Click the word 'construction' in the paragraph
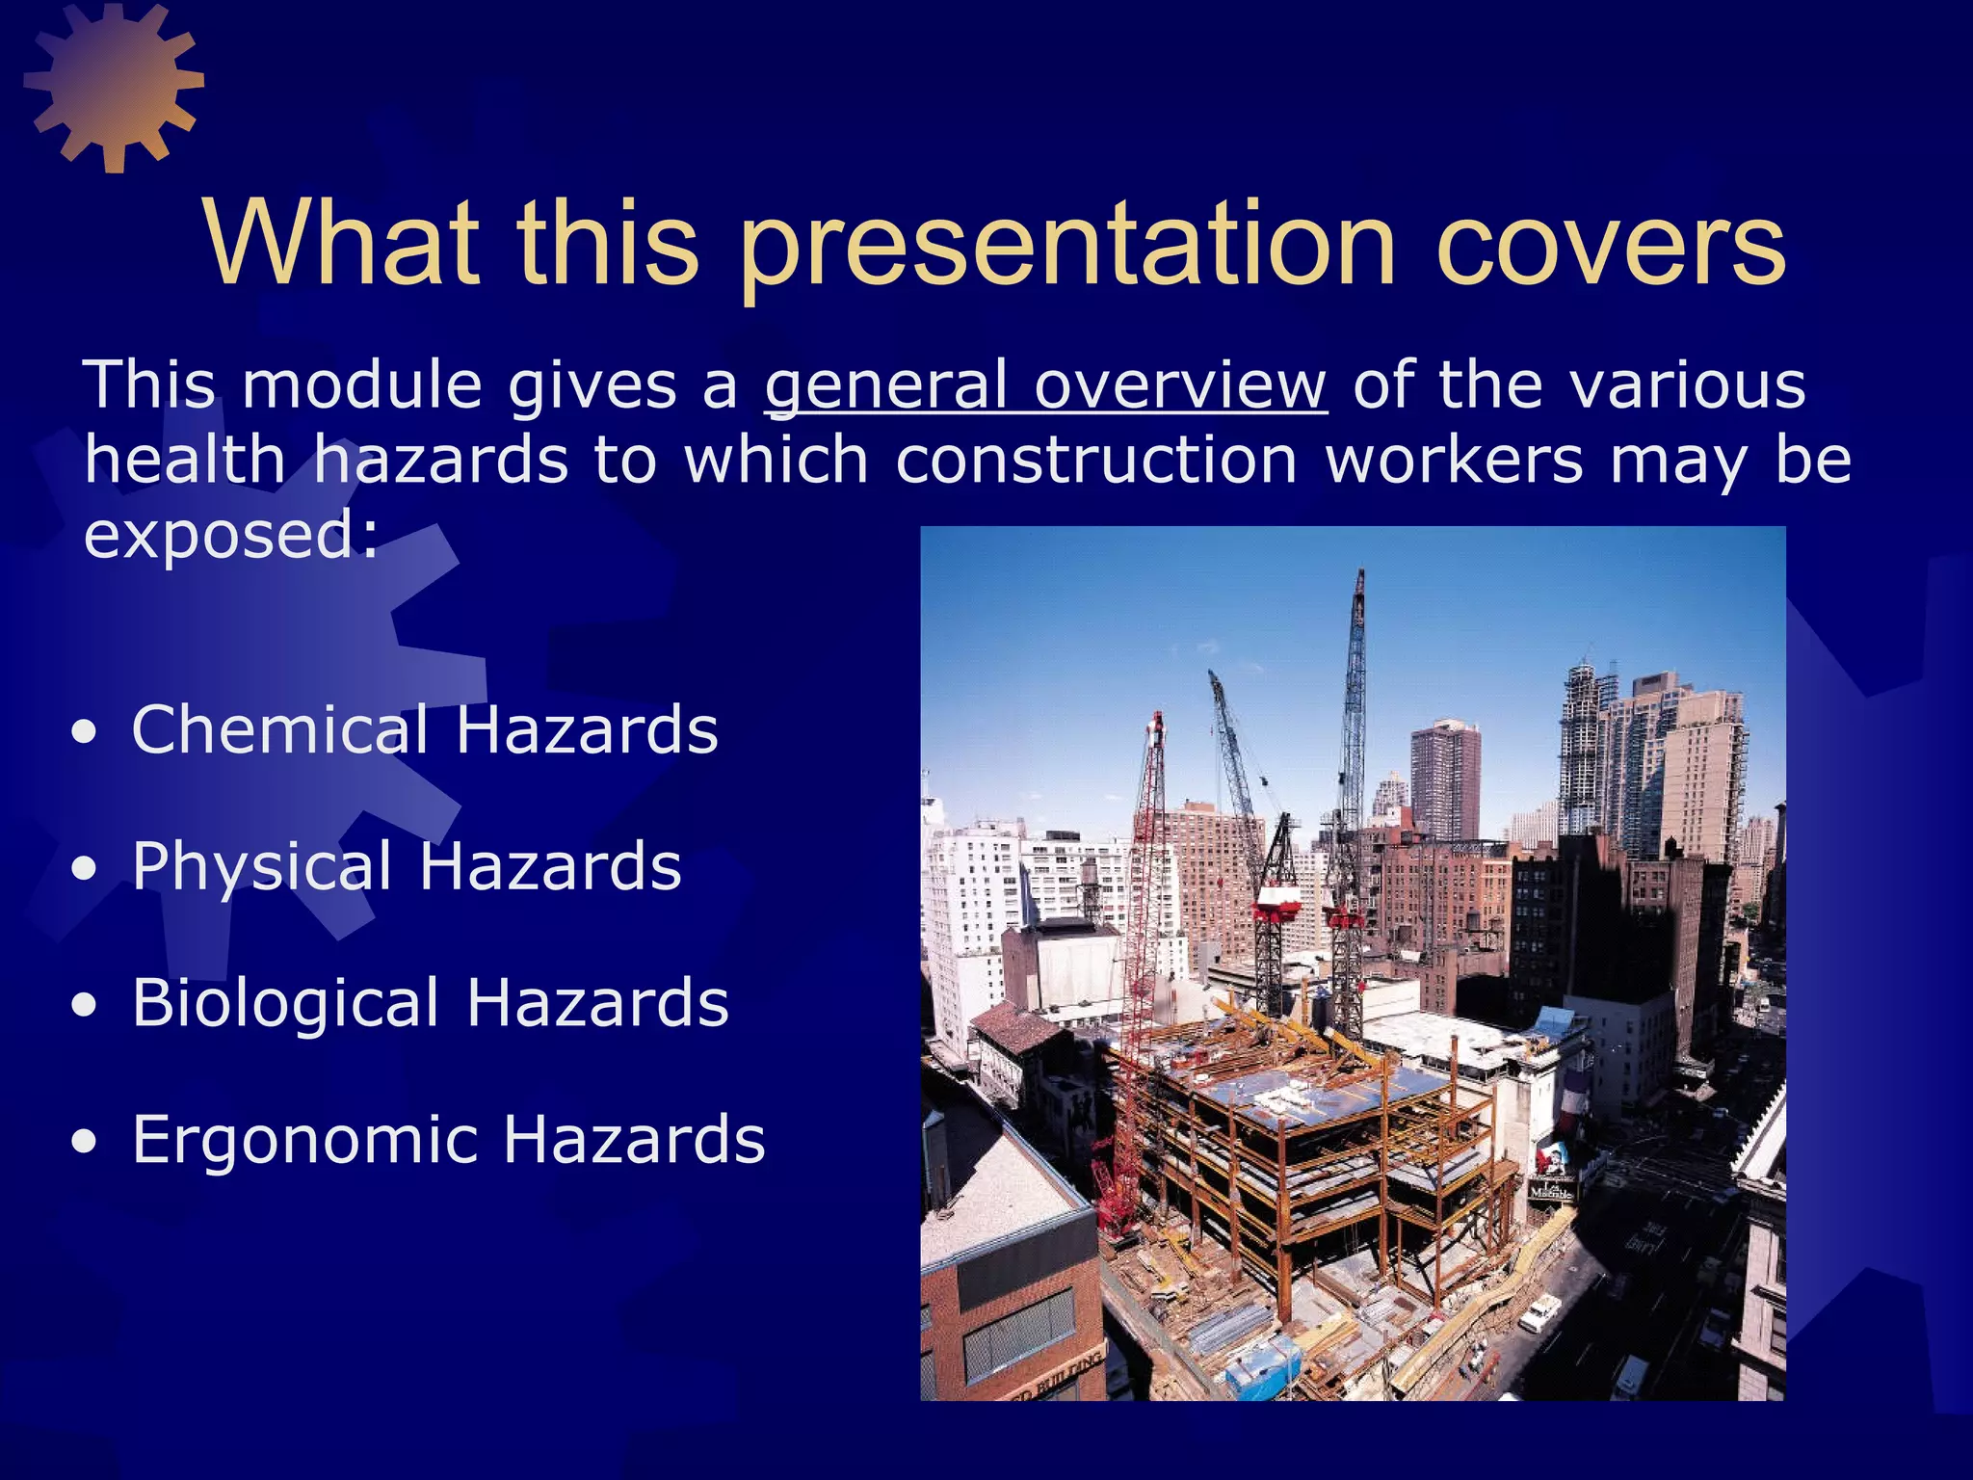pos(1096,461)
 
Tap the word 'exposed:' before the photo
pos(231,535)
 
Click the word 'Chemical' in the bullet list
pos(279,729)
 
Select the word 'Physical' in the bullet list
pos(262,866)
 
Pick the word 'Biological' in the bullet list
pos(285,1003)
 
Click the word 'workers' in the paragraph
pos(1455,461)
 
